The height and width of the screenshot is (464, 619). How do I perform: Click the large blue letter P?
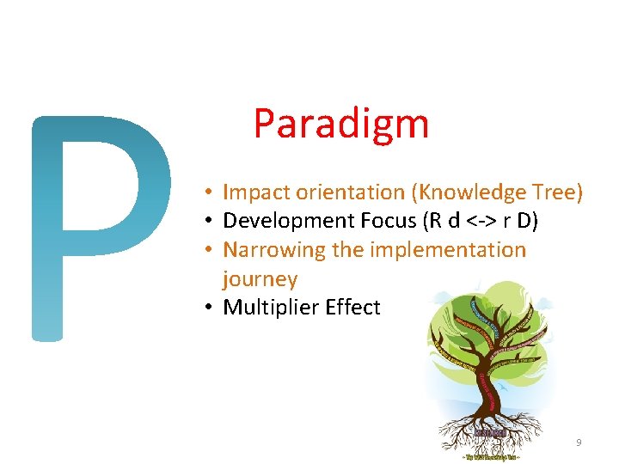95,223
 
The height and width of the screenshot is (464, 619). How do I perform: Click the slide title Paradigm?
340,123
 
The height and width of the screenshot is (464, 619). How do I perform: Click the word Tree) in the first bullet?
558,192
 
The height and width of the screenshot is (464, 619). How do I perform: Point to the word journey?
260,278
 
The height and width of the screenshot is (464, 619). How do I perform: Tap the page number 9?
579,443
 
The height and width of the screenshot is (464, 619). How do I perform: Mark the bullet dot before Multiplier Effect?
210,308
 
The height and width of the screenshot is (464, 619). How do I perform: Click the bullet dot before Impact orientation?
210,192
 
